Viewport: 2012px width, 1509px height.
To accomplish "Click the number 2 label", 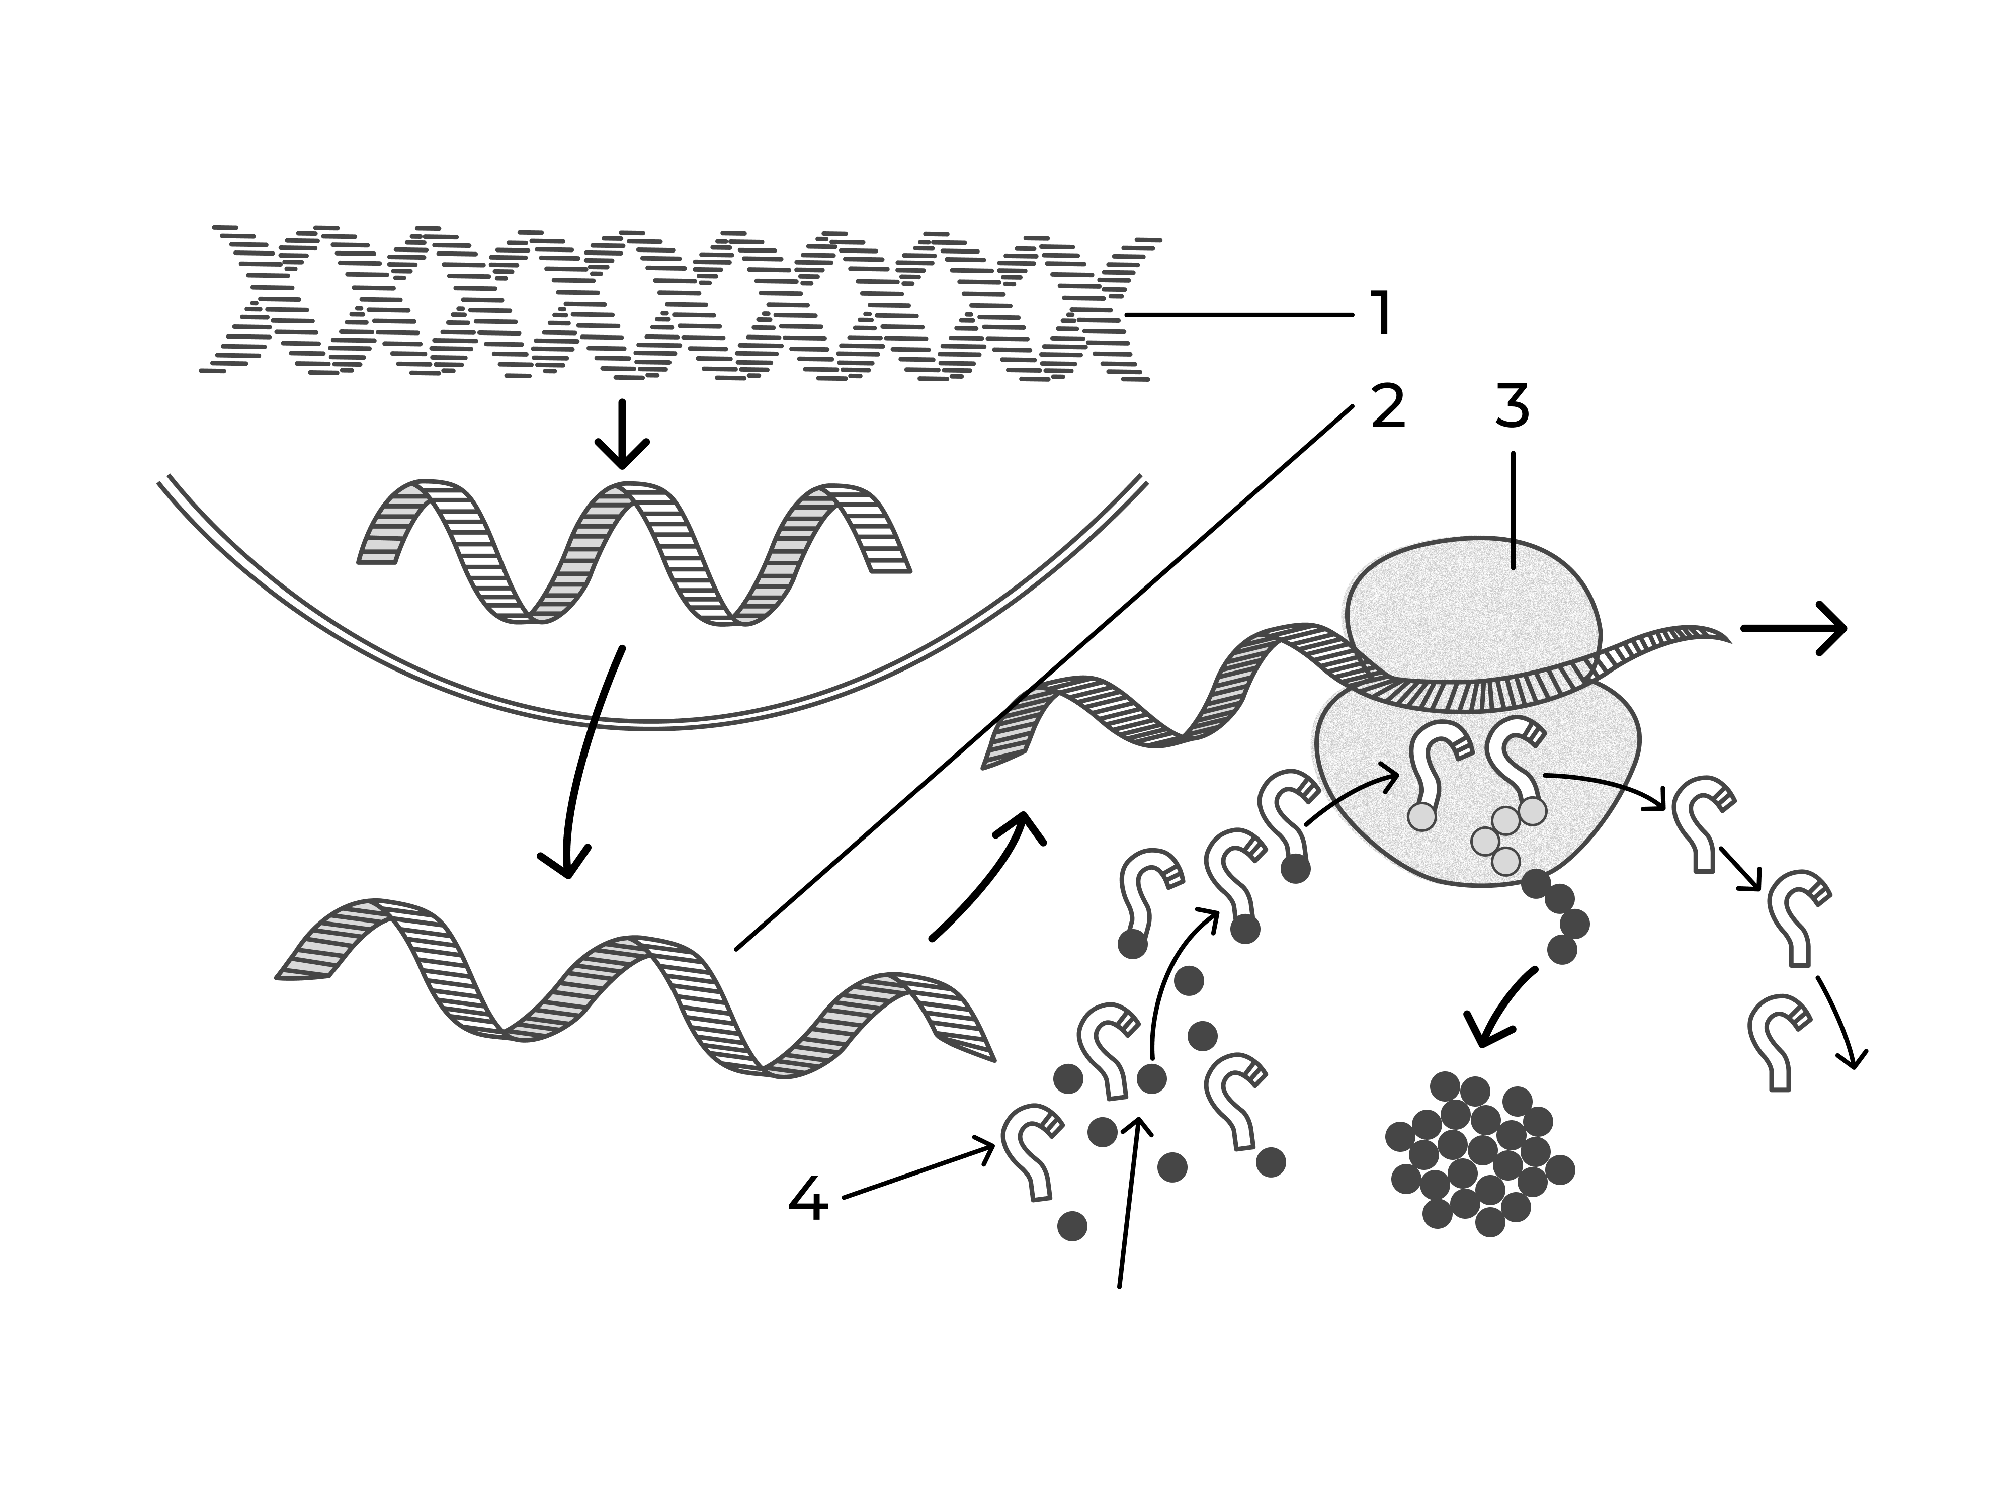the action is (1388, 406).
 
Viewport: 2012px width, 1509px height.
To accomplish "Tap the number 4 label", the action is (808, 1199).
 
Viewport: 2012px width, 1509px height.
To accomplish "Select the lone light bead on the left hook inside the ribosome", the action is (1421, 817).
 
